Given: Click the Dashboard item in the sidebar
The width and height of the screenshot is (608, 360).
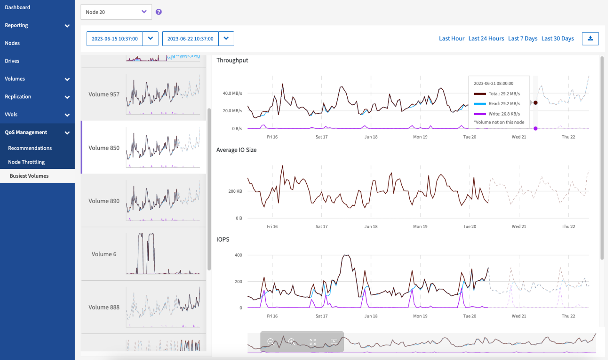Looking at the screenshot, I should (x=18, y=8).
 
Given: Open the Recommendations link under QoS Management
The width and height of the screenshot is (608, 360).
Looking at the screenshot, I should (x=30, y=148).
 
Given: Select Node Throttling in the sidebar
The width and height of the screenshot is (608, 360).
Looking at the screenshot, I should (x=26, y=162).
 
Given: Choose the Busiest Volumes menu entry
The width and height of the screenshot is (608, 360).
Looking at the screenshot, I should (x=29, y=176).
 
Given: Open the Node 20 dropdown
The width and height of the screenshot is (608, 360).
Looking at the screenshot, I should (x=116, y=12).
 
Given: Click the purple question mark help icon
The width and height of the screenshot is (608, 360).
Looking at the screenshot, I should (x=159, y=12).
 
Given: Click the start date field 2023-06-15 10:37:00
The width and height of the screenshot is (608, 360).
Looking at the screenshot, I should (x=115, y=39).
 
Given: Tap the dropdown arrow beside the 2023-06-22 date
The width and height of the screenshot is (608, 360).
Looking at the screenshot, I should (x=226, y=39).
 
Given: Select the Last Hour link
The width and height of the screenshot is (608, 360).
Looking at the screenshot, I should (x=452, y=38).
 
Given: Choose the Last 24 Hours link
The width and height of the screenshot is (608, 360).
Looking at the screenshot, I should (x=486, y=38).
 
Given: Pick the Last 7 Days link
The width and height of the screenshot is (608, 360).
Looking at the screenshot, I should (x=522, y=38).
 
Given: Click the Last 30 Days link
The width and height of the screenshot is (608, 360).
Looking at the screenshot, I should (x=558, y=38).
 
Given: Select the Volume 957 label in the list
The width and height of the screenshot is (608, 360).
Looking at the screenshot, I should (x=104, y=94).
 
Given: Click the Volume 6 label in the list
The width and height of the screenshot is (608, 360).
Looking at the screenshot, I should (x=104, y=254).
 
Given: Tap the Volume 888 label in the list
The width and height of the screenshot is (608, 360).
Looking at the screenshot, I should (x=104, y=307).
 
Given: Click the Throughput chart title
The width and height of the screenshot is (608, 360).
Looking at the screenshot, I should (x=232, y=60).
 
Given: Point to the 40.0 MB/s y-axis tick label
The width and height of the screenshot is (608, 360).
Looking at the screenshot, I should (x=232, y=93).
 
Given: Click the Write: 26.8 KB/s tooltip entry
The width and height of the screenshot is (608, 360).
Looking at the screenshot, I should (x=504, y=114).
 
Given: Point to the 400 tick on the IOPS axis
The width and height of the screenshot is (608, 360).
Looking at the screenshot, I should (x=238, y=255).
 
